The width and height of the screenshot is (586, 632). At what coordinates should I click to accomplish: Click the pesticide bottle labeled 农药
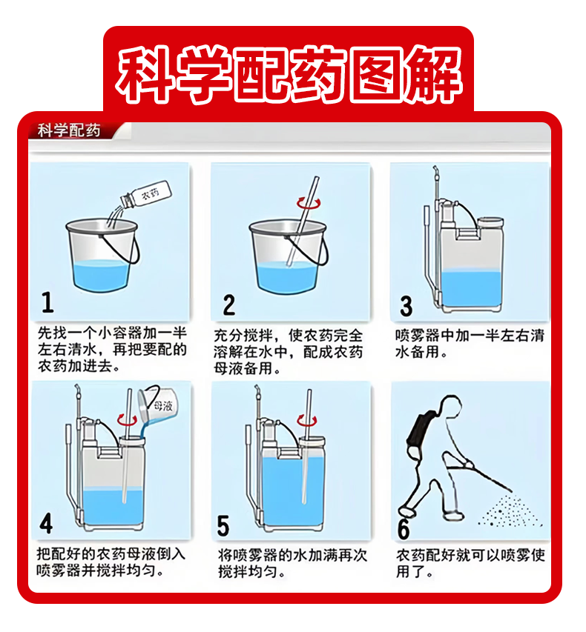[147, 195]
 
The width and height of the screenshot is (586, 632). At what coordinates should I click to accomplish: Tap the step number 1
[47, 303]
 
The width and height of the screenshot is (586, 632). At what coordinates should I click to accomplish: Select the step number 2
[228, 305]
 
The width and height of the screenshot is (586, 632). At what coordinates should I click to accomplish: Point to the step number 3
[406, 306]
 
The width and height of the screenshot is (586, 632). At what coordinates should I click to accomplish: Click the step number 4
[46, 524]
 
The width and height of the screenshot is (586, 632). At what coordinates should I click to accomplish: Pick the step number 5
[223, 525]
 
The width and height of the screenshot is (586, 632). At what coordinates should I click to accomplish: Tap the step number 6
[404, 528]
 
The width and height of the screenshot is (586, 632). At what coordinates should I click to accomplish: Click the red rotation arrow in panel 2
[309, 203]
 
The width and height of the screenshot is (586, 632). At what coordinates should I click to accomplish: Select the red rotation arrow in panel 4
[127, 420]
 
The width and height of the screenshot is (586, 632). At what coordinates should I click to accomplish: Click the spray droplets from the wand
[510, 511]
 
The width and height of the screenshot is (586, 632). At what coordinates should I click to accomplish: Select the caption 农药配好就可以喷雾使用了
[470, 563]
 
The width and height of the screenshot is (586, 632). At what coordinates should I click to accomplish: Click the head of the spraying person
[450, 406]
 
